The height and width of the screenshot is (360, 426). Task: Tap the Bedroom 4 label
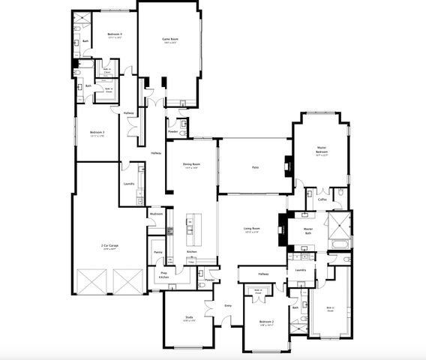(114, 34)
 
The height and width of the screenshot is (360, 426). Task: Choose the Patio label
(255, 167)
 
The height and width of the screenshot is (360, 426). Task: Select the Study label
(189, 318)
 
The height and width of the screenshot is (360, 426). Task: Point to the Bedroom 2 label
(266, 322)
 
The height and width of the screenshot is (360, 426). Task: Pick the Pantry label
(158, 253)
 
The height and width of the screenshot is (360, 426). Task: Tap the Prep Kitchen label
(163, 274)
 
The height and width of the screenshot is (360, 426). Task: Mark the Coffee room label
(322, 199)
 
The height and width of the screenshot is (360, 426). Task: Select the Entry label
(227, 305)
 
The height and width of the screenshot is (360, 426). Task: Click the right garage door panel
(130, 284)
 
